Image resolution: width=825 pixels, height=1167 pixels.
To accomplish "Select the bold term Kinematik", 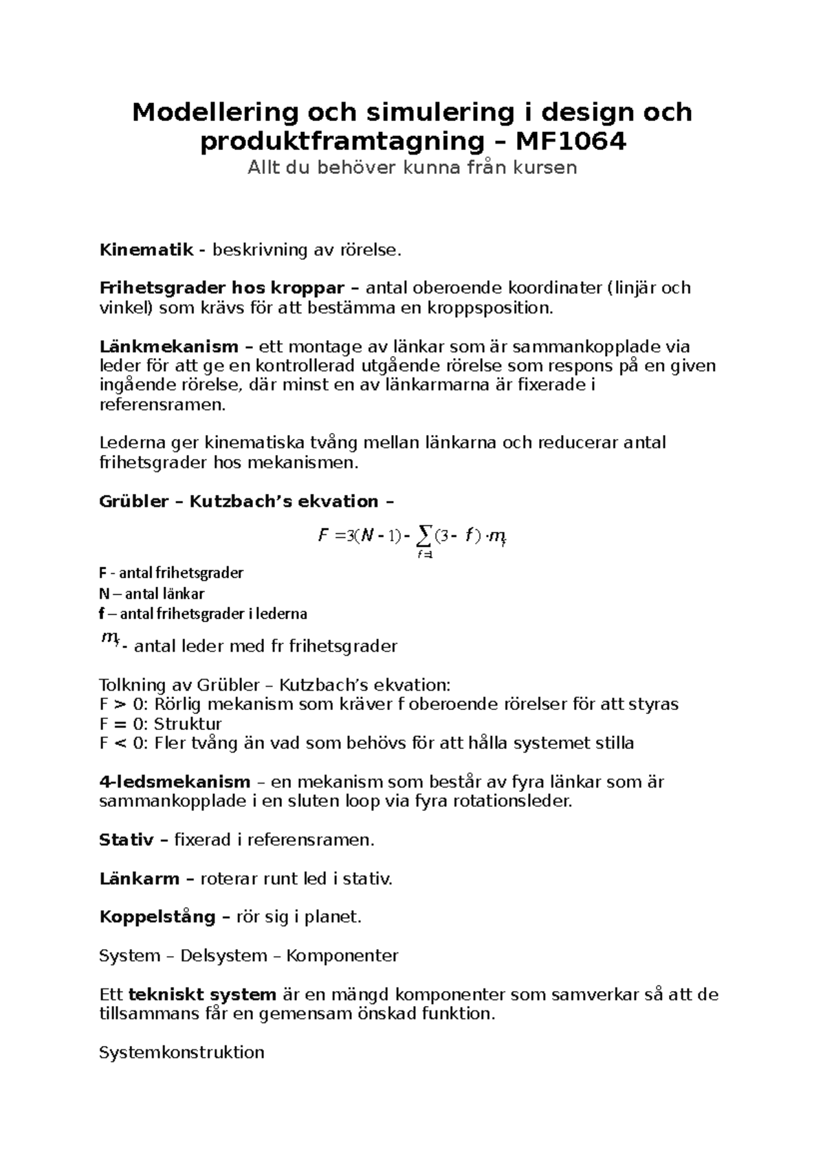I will coord(146,249).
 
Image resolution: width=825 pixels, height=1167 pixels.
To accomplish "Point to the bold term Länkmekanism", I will coord(169,346).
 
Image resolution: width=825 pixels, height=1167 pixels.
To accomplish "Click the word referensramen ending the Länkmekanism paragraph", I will coord(162,405).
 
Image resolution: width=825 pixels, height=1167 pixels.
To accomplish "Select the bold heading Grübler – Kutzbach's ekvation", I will coord(247,501).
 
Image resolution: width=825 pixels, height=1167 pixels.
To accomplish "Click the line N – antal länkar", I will coord(151,593).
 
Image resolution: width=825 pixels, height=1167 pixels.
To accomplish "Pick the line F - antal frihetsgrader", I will coord(171,573).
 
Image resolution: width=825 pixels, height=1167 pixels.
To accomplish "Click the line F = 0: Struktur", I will coord(160,724).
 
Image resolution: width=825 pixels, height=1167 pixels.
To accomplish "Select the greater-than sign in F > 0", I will coord(120,704).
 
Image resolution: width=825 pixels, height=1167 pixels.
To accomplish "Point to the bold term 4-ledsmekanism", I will coord(175,781).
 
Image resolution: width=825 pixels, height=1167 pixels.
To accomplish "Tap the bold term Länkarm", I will coord(139,878).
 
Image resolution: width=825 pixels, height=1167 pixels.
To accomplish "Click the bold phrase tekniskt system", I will coord(202,994).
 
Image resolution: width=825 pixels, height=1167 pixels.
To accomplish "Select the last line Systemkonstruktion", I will coord(181,1052).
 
